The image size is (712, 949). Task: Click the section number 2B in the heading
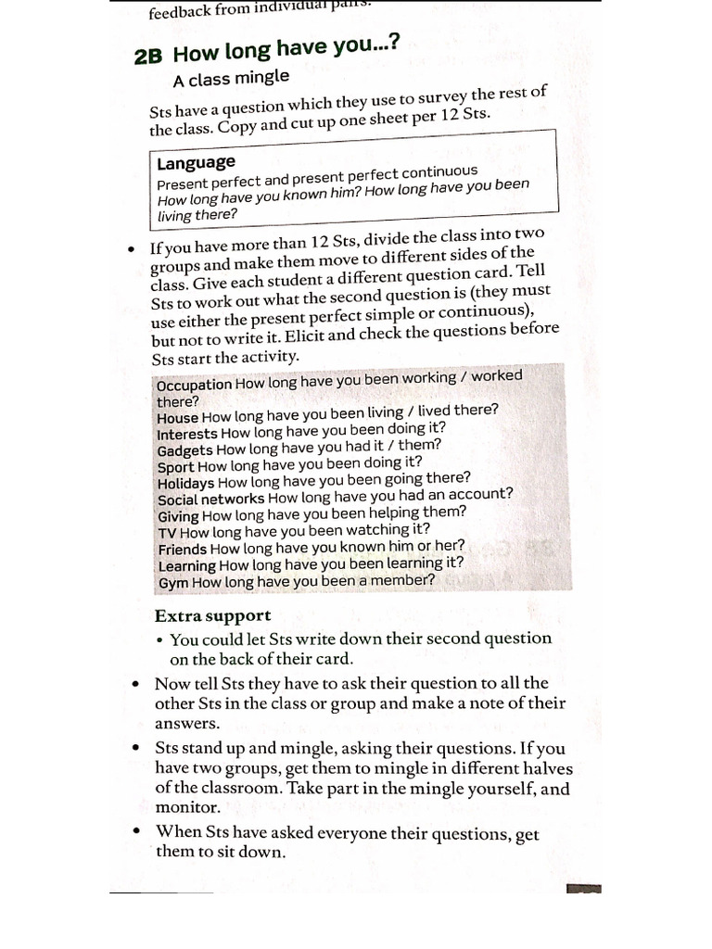(x=148, y=57)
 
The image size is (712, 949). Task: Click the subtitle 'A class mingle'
(x=231, y=78)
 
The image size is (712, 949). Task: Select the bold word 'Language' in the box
(x=196, y=163)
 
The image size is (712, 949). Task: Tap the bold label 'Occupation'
(x=195, y=385)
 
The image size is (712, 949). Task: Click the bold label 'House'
(x=178, y=418)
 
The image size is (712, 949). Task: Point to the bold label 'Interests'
(x=187, y=434)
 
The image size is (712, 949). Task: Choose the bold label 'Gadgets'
(x=185, y=450)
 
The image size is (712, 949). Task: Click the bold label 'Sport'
(x=176, y=467)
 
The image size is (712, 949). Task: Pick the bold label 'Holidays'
(x=185, y=483)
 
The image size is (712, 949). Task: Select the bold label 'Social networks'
(x=210, y=500)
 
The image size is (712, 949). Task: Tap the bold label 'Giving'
(x=178, y=516)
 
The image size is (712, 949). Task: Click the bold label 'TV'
(x=167, y=533)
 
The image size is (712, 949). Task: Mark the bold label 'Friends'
(x=183, y=549)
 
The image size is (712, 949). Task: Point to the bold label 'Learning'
(x=187, y=565)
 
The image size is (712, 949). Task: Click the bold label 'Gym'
(x=173, y=583)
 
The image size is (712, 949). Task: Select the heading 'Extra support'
(x=212, y=616)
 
